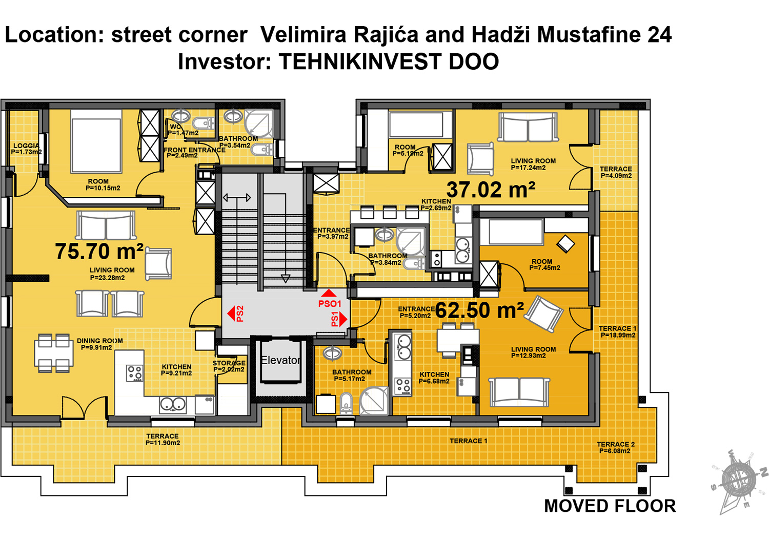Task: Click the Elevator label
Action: point(280,360)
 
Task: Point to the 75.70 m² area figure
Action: point(99,251)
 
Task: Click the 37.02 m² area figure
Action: point(491,190)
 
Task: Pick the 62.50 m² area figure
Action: point(479,310)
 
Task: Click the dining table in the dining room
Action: point(53,353)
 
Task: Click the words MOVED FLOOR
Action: point(610,506)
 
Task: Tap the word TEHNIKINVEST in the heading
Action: point(360,62)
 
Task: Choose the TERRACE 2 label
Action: point(616,444)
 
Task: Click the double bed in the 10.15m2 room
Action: point(96,141)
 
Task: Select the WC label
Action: point(175,127)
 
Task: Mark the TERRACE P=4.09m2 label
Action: point(616,172)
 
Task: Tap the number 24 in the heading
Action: point(659,35)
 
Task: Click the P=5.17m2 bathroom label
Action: point(350,379)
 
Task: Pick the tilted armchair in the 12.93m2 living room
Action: point(544,315)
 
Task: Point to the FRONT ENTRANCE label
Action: point(195,150)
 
